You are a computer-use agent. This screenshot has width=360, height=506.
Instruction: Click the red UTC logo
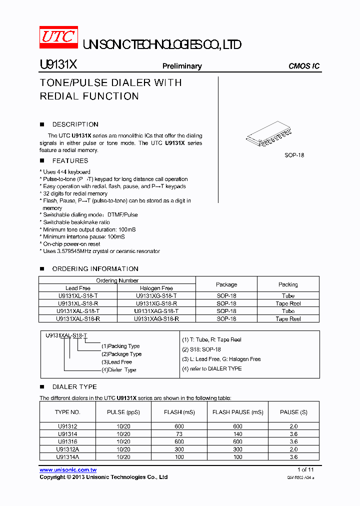[x=59, y=37]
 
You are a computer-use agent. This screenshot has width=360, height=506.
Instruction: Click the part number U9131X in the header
[x=57, y=65]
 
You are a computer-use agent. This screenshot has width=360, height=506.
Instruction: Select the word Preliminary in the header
[x=182, y=66]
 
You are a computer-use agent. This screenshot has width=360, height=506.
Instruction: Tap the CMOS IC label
[x=304, y=66]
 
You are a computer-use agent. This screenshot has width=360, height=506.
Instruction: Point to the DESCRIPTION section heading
[x=75, y=124]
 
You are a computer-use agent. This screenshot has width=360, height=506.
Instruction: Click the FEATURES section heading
[x=70, y=161]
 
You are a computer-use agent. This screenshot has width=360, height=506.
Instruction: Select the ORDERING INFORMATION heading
[x=95, y=269]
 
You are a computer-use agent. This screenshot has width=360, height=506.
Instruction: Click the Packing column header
[x=288, y=284]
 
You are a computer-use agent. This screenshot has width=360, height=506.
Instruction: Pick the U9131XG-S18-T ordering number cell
[x=156, y=296]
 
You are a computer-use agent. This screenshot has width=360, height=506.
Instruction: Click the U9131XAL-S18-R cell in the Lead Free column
[x=78, y=319]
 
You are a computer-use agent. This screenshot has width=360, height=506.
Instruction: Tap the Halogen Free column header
[x=156, y=288]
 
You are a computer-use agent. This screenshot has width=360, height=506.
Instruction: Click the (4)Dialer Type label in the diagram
[x=119, y=370]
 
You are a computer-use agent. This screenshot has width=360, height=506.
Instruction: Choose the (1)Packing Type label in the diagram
[x=120, y=346]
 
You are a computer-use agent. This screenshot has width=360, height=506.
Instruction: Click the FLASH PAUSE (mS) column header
[x=237, y=412]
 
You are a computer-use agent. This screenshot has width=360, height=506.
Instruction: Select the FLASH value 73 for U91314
[x=179, y=434]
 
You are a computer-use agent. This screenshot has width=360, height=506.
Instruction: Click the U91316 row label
[x=67, y=441]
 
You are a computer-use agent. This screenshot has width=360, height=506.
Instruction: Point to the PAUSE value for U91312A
[x=293, y=449]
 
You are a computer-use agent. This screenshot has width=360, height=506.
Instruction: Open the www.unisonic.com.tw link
[x=68, y=470]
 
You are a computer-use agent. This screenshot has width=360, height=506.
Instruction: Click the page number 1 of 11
[x=305, y=470]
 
